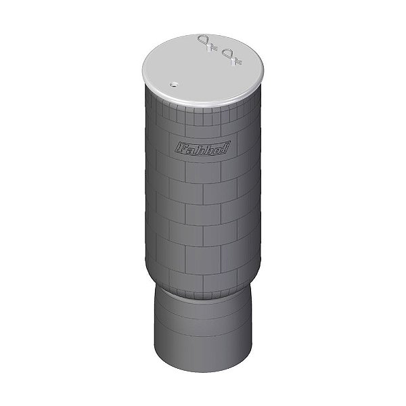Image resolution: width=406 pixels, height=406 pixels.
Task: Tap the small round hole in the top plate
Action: coord(173,85)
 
